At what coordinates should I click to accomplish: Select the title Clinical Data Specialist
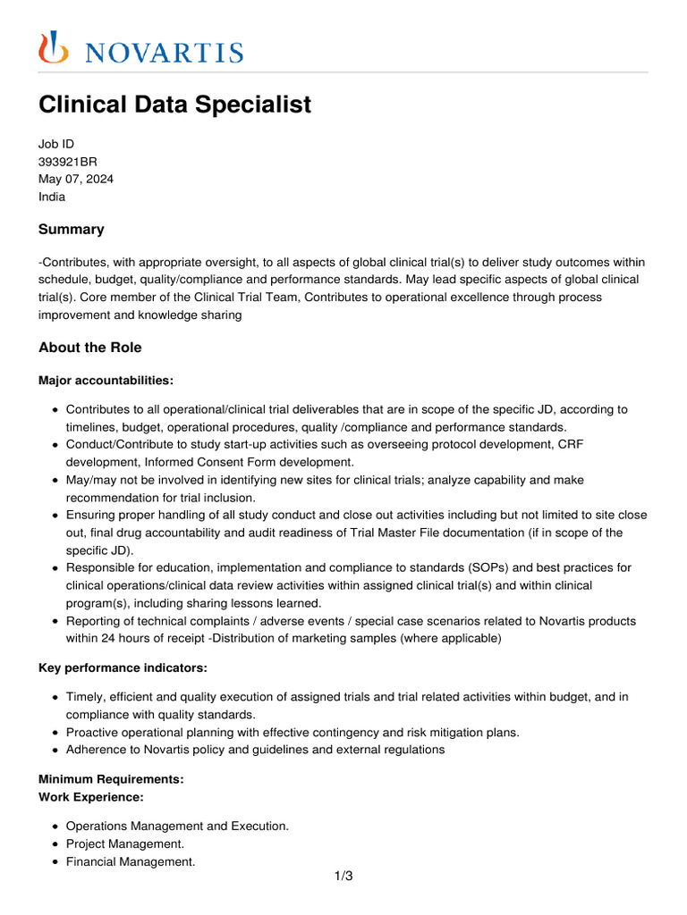pos(174,105)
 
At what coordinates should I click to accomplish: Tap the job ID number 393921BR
pos(68,162)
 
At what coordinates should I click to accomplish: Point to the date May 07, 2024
pos(76,179)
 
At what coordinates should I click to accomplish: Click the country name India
pos(52,197)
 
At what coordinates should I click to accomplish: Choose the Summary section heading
pos(71,230)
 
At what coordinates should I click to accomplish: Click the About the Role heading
pos(89,348)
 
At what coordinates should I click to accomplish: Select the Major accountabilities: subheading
pos(106,381)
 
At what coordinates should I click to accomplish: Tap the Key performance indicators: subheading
pos(114,667)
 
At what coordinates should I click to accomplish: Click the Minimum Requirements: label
pos(111,779)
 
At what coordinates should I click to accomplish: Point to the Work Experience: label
pos(90,796)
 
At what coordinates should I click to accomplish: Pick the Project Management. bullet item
pos(125,844)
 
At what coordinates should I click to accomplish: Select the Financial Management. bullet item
pos(131,862)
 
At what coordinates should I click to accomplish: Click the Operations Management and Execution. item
pos(177,826)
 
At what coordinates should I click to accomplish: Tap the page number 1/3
pos(343,876)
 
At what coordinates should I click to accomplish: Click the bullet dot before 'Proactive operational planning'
pos(55,733)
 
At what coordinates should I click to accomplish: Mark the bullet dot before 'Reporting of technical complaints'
pos(55,621)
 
